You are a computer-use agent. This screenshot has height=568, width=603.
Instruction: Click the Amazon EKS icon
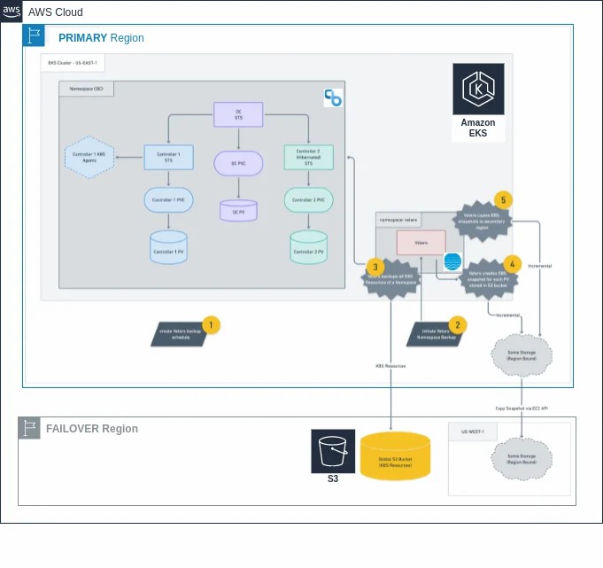pos(478,89)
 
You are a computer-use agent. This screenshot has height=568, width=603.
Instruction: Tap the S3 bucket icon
pos(333,452)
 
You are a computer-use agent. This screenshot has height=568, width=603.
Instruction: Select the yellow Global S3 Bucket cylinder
pos(395,455)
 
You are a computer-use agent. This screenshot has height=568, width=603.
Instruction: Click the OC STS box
pos(238,114)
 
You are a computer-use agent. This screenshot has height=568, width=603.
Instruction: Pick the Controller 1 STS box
pos(168,158)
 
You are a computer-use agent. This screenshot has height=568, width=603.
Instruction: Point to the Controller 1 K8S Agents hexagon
pos(91,158)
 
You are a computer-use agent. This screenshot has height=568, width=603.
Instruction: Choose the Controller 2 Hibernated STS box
pos(308,158)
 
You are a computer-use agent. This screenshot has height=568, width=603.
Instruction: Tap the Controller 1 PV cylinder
pos(168,247)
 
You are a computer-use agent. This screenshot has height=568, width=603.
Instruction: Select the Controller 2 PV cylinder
pos(309,247)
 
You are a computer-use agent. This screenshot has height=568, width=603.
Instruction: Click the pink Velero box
pos(421,243)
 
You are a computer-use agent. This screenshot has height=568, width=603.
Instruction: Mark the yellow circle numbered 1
pos(210,325)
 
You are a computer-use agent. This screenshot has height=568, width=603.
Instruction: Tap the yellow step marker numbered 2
pos(457,325)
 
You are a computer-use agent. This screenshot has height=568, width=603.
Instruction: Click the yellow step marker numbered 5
pos(503,200)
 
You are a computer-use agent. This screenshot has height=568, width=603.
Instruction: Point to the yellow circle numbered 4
pos(511,264)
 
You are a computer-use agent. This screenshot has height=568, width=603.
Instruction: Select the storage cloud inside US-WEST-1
pos(522,458)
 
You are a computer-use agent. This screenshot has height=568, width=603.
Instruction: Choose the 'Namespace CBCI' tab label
pos(86,89)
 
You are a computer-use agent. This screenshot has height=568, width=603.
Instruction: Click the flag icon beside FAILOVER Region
pos(30,429)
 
